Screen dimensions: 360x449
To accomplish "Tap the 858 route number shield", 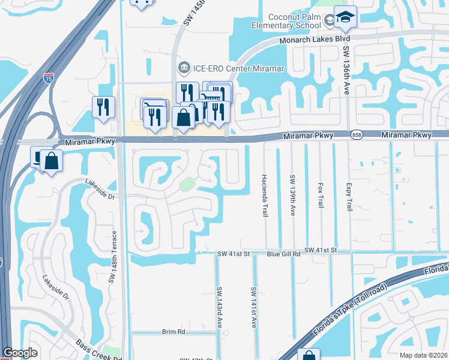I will click(x=357, y=135).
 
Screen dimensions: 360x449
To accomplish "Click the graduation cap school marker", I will click(x=345, y=17).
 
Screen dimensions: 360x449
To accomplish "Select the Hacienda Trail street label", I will click(x=264, y=196).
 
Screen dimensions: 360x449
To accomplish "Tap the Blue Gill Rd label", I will click(x=283, y=254).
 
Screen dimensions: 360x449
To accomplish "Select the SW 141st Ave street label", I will click(x=254, y=306).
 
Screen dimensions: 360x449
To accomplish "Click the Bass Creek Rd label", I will click(x=99, y=352).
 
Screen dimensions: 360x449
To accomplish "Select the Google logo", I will click(x=20, y=352).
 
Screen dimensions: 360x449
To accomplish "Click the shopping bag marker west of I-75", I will click(x=52, y=161).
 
